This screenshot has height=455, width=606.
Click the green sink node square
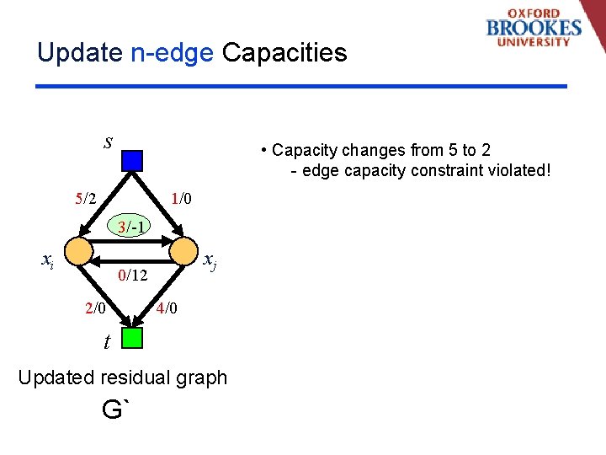pyautogui.click(x=131, y=338)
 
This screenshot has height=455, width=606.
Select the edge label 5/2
pyautogui.click(x=85, y=199)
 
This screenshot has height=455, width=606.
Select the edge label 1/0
pyautogui.click(x=181, y=199)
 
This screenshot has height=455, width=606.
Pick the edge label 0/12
pyautogui.click(x=133, y=275)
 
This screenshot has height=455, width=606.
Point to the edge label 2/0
pyautogui.click(x=95, y=308)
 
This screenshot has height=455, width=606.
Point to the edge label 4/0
pyautogui.click(x=167, y=308)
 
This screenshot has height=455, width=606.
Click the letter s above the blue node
pyautogui.click(x=108, y=142)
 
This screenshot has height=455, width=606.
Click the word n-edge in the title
pyautogui.click(x=173, y=53)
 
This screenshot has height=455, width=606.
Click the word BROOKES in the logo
pyautogui.click(x=534, y=27)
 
